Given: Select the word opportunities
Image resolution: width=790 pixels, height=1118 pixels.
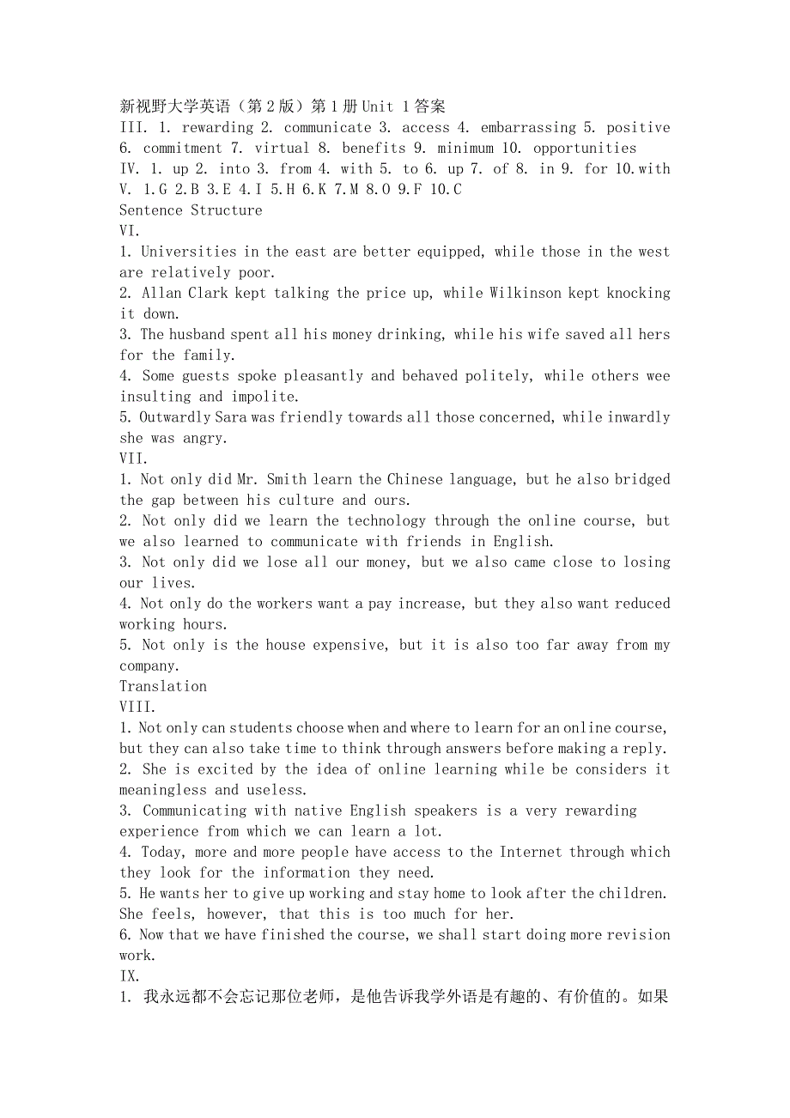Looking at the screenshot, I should (x=585, y=149).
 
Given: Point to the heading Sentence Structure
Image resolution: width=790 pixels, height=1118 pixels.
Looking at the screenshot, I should (x=191, y=210).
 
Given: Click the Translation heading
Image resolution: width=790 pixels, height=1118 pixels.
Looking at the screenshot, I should (x=163, y=687).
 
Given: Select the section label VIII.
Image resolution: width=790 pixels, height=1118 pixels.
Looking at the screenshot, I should (x=137, y=708).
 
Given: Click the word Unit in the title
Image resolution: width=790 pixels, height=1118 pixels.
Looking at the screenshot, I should (x=378, y=107).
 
